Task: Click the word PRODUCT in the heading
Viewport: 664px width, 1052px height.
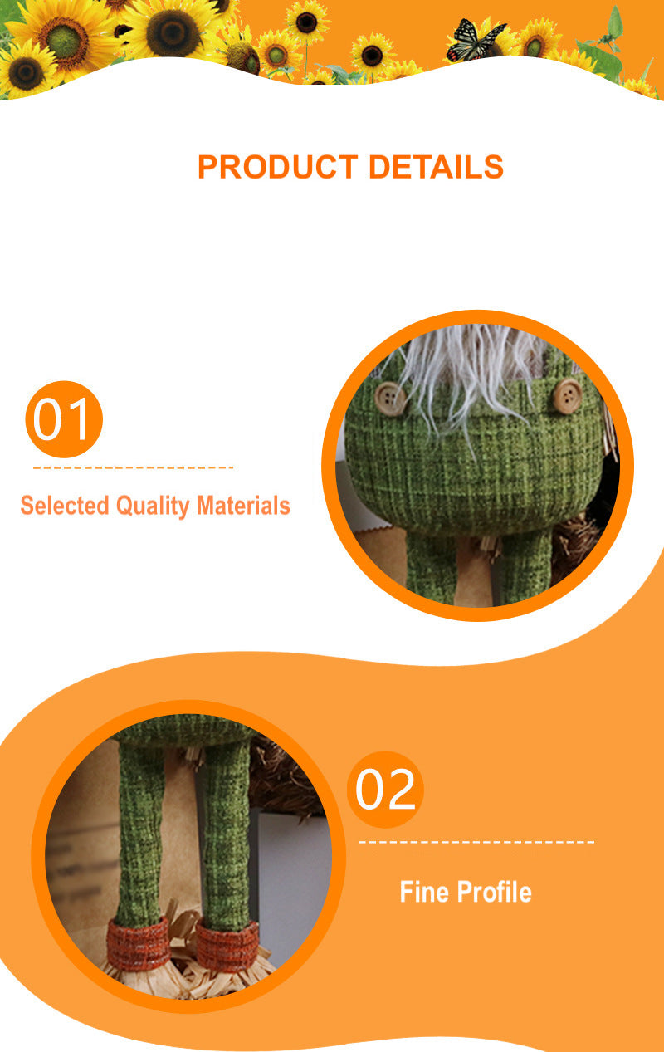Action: [278, 167]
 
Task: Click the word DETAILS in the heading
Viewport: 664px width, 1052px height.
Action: [437, 167]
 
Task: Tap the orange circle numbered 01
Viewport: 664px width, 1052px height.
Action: [64, 419]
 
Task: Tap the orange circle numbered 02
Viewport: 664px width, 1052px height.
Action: [385, 789]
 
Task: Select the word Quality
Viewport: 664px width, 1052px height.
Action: [153, 506]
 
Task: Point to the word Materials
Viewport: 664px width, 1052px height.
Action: [243, 506]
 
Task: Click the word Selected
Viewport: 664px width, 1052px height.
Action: [65, 506]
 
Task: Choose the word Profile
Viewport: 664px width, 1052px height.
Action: [494, 892]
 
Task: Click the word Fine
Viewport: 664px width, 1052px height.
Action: [425, 892]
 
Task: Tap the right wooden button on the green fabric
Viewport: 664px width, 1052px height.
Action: [567, 397]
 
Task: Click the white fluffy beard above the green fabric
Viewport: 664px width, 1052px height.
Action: [470, 371]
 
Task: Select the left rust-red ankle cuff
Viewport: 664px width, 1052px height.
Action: [139, 944]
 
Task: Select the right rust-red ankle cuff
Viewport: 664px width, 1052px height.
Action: [227, 946]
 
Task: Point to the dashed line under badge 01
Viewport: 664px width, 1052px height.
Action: [134, 467]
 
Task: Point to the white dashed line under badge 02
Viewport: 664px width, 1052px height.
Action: [476, 842]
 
